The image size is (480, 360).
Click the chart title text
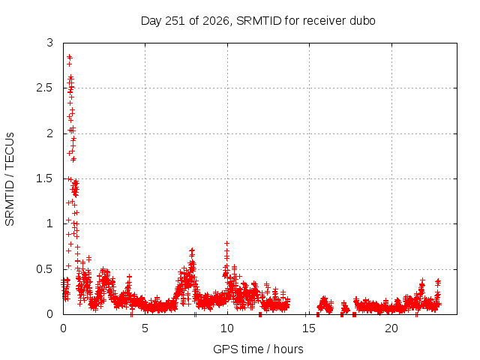click(258, 21)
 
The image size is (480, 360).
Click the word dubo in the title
click(364, 21)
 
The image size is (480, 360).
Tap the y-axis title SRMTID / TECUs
click(10, 179)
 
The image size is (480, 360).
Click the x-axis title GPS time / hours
click(258, 349)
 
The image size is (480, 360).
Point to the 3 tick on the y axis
click(50, 43)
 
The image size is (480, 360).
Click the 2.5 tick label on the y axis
click(45, 88)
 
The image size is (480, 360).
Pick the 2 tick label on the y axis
click(50, 133)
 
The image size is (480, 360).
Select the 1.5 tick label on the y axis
click(45, 178)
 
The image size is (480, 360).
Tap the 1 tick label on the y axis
click(50, 223)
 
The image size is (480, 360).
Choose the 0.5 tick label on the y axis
click(45, 269)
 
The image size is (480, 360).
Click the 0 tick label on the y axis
click(50, 314)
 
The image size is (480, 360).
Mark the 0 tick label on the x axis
click(63, 328)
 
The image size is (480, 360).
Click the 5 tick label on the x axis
click(145, 328)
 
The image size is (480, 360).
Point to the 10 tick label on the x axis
click(227, 328)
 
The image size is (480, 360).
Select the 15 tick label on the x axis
click(309, 328)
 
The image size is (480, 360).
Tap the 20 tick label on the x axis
click(391, 328)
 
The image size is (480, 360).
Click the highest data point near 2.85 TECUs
click(70, 57)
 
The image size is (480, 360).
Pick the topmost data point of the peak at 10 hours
click(226, 243)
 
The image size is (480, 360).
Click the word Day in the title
click(151, 22)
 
